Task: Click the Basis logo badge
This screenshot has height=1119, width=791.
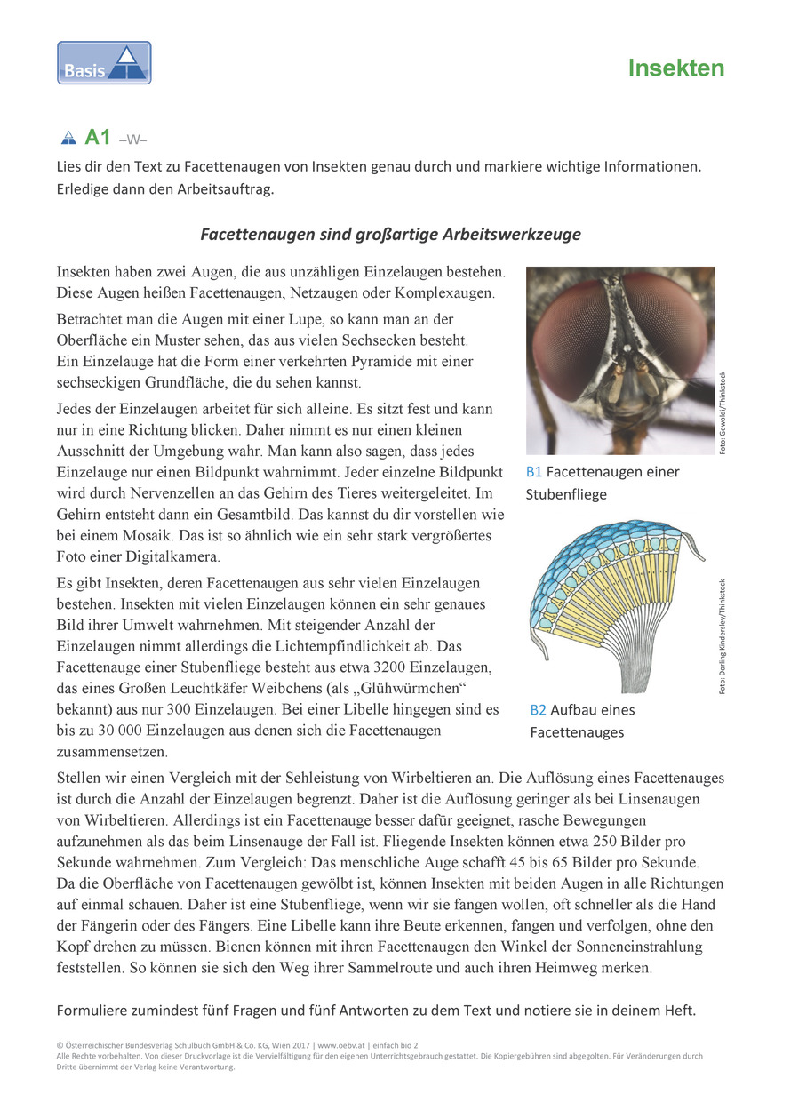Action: pos(104,63)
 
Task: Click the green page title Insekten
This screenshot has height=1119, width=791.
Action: pos(675,68)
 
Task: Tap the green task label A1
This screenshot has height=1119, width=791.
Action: pos(97,137)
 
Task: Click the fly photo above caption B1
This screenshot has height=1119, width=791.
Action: pos(619,360)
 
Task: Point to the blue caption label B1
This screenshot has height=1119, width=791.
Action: pos(534,472)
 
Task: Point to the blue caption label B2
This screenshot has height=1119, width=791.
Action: pos(538,710)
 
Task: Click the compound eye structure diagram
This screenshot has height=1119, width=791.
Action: pos(613,604)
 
